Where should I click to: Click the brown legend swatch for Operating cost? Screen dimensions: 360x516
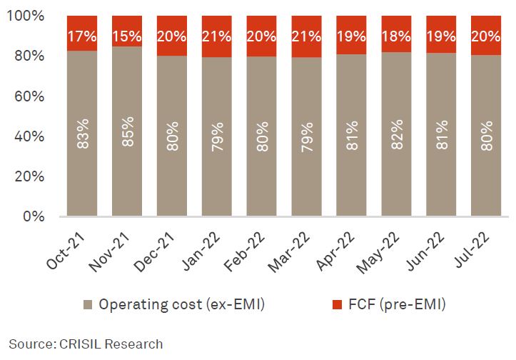(x=88, y=305)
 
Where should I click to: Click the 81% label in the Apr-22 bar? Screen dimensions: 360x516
(x=351, y=136)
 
